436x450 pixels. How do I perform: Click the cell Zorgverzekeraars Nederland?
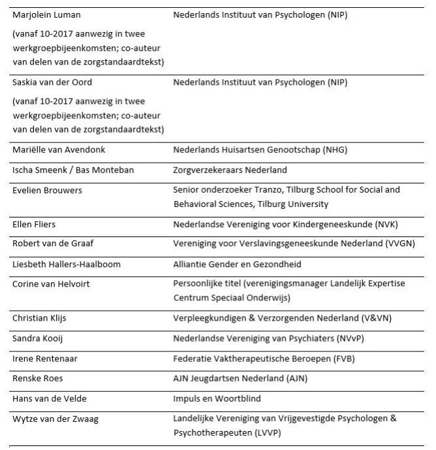point(230,170)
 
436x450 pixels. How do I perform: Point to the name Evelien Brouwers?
point(45,190)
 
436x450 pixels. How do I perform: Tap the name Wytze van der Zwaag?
point(55,419)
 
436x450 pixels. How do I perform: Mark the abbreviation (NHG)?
point(333,150)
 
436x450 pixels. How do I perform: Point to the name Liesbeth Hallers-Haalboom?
point(65,264)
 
